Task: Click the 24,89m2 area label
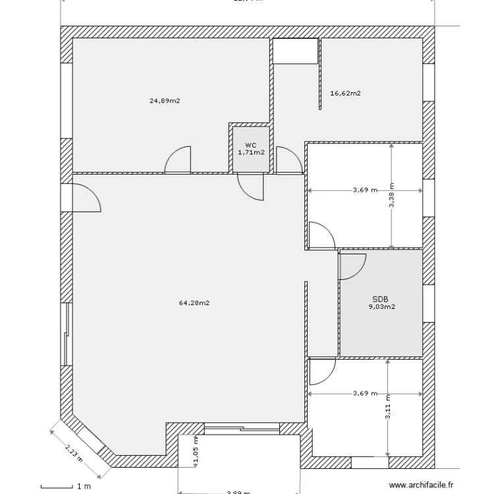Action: coord(165,101)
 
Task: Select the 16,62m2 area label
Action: coord(345,94)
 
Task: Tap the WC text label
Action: coord(250,145)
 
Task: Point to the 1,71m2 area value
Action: coord(251,152)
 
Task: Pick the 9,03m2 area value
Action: coord(381,306)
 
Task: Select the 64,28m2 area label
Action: coord(194,303)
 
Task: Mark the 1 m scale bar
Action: coord(66,487)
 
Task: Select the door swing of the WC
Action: coord(250,186)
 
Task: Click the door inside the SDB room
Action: coord(352,265)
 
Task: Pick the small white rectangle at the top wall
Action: coord(295,51)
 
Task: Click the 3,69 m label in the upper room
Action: coord(365,191)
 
